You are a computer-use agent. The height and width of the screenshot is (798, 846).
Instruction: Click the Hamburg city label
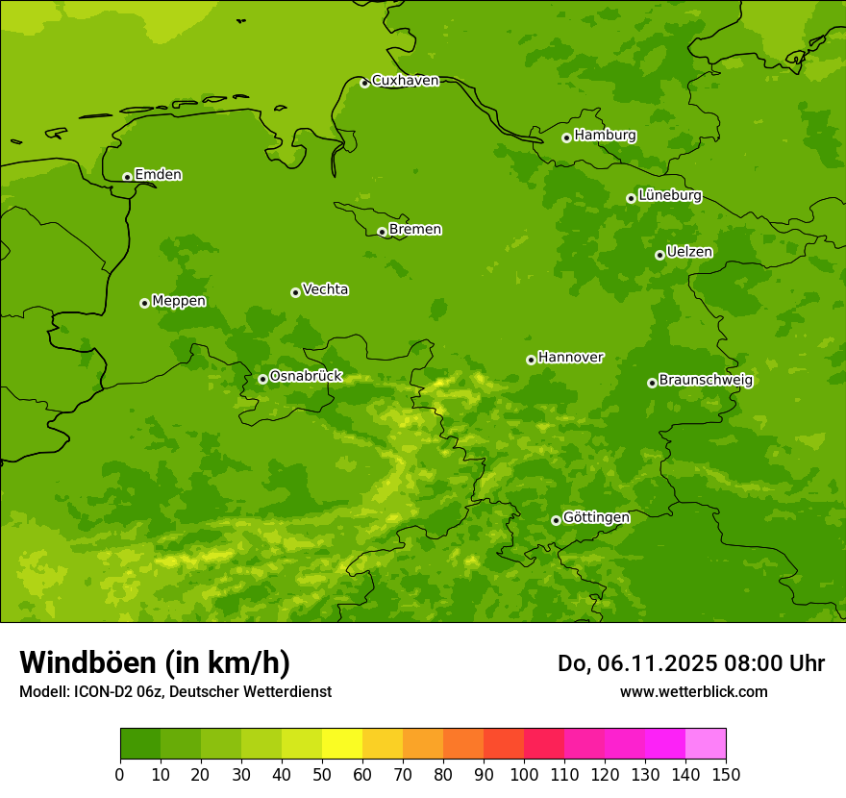click(605, 136)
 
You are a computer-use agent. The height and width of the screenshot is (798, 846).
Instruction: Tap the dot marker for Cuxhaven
click(364, 83)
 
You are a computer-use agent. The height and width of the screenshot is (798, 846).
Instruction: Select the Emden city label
click(158, 175)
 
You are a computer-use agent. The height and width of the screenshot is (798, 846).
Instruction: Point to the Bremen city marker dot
click(382, 232)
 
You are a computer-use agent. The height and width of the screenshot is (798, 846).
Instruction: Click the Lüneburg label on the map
click(669, 195)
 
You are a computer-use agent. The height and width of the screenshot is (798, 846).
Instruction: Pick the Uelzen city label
click(689, 253)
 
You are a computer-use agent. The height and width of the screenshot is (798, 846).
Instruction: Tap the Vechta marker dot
click(295, 292)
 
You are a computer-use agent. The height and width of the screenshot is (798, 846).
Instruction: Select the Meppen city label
click(179, 301)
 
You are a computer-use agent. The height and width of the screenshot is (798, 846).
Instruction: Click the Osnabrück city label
click(306, 377)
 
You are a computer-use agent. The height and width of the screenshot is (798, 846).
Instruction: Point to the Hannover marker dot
click(531, 360)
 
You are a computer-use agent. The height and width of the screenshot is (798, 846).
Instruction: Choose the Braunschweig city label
click(706, 381)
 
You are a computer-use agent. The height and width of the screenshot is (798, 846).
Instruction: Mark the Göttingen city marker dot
click(556, 520)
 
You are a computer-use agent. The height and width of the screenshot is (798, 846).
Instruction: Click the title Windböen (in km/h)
click(155, 662)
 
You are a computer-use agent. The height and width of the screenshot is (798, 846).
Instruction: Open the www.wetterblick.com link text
click(693, 691)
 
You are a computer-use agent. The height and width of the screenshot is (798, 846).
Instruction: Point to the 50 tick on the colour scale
click(322, 775)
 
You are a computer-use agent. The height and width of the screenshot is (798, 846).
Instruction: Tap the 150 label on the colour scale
click(725, 775)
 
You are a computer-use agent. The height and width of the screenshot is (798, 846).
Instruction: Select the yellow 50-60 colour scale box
click(341, 744)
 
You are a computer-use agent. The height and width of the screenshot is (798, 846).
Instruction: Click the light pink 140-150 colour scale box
click(705, 744)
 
